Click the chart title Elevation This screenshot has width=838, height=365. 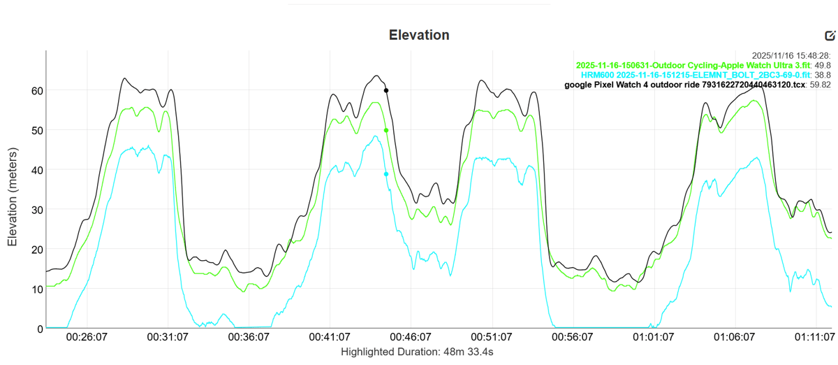click(x=419, y=35)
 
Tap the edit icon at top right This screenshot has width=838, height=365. click(x=830, y=36)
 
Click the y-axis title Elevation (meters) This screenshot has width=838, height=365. click(x=13, y=189)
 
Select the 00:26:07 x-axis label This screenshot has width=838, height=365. click(x=87, y=337)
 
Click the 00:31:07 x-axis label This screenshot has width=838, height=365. click(x=167, y=337)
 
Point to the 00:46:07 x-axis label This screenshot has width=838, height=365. click(x=409, y=337)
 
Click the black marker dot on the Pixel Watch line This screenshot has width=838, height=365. click(x=386, y=90)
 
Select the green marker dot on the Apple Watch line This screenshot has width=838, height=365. click(x=386, y=130)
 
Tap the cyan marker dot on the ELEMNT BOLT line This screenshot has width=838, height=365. click(x=386, y=174)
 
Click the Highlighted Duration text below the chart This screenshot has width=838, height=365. click(x=417, y=352)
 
